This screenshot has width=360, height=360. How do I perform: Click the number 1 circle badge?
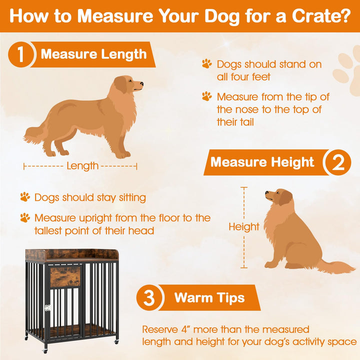tap(20, 54)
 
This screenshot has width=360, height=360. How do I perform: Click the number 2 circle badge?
tap(337, 162)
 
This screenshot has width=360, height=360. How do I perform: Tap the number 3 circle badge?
tap(149, 298)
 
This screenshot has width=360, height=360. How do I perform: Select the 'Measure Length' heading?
tap(93, 54)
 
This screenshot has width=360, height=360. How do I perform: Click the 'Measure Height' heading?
tap(262, 162)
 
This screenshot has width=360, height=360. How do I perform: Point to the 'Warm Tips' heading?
tap(209, 298)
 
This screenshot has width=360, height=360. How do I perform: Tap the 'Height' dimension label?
tap(244, 226)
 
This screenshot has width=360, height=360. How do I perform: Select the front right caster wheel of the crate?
tap(115, 341)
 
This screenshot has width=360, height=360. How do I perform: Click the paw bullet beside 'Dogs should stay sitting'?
tap(25, 197)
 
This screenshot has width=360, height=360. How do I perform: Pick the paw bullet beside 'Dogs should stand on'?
tap(206, 64)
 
